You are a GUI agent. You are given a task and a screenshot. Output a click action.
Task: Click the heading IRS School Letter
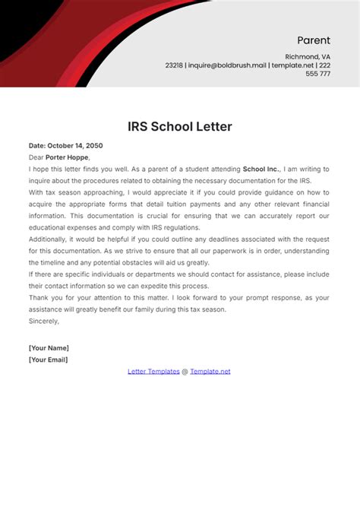[x=179, y=126]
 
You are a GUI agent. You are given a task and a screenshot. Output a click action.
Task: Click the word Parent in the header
[x=313, y=40]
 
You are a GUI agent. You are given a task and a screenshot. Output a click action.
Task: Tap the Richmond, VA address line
[x=308, y=57]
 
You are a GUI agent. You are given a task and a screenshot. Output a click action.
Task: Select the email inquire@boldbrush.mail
[x=226, y=65]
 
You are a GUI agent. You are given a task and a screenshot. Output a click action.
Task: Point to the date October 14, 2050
[x=75, y=146]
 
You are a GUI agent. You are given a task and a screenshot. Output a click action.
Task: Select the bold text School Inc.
[x=261, y=169]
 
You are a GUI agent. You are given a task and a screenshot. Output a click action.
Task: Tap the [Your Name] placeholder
[x=49, y=347]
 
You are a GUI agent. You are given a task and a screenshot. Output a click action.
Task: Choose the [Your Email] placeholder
[x=49, y=359]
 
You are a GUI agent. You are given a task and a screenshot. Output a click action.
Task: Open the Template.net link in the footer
[x=210, y=371]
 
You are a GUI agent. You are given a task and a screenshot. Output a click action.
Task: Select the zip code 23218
[x=174, y=65]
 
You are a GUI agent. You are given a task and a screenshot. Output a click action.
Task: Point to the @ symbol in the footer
[x=185, y=371]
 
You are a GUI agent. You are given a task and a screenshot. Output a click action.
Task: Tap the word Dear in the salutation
[x=36, y=157]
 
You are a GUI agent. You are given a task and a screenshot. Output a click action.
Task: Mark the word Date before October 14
[x=37, y=146]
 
